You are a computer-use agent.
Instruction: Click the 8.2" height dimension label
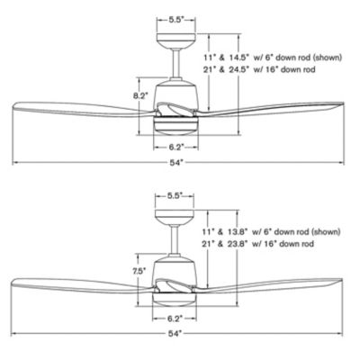point(140,96)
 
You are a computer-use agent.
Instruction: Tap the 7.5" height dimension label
point(139,271)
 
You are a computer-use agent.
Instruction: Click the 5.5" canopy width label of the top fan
point(176,20)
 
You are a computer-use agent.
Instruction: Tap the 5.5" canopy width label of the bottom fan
point(175,195)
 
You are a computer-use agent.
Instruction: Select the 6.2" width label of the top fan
point(175,147)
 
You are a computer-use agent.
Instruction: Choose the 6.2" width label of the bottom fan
point(175,318)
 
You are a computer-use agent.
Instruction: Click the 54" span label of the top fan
point(176,163)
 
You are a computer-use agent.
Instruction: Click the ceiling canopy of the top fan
point(176,41)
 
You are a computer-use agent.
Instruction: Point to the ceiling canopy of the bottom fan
point(174,217)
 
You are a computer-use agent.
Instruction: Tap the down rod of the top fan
point(175,64)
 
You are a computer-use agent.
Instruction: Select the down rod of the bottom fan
point(174,239)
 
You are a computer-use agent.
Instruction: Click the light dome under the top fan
point(175,130)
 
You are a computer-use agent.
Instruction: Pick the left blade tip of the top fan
point(13,106)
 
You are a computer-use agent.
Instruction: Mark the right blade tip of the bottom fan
point(343,280)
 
